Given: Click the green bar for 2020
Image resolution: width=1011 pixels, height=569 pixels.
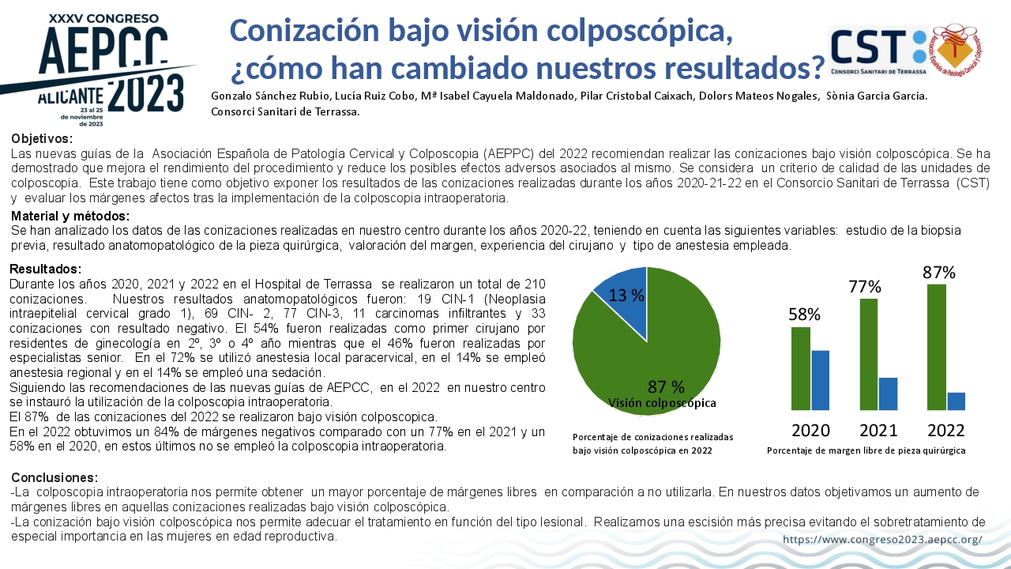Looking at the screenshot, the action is [x=801, y=368].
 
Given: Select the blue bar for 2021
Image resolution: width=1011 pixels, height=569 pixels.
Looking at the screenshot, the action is [x=888, y=394].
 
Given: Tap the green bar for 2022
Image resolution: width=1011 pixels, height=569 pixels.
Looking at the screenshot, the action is [x=937, y=347].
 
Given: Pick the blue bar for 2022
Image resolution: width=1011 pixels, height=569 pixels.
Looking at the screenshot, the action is [x=956, y=401].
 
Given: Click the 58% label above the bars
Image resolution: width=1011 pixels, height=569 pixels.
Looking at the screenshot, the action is [x=804, y=315].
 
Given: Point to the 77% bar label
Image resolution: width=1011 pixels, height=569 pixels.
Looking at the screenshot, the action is [x=865, y=286].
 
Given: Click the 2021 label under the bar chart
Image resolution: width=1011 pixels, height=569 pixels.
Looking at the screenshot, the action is [x=878, y=431].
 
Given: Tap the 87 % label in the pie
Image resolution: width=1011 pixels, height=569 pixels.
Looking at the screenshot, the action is [x=666, y=386].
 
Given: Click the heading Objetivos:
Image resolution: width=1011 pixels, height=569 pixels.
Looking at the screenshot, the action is [x=42, y=138].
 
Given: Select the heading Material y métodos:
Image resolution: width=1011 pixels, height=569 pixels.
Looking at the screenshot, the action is [x=70, y=216].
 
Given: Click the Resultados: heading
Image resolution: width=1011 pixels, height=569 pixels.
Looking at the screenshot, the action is [x=46, y=269].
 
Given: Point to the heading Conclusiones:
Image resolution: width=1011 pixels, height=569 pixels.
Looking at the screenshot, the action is [x=54, y=477].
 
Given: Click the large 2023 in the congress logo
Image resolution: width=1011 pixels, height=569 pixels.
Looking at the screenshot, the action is [x=146, y=94].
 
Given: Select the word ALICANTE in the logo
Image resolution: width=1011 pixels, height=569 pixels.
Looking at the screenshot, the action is [x=70, y=96].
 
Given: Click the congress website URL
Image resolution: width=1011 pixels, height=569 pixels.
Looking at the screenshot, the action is [x=882, y=539].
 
